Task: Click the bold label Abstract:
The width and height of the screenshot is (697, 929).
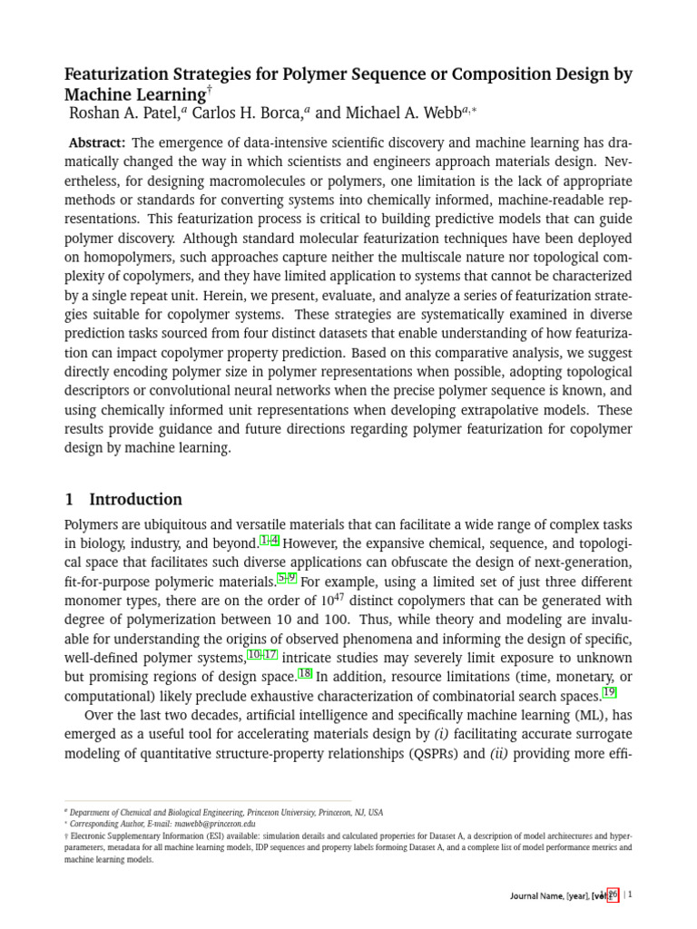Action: point(98,143)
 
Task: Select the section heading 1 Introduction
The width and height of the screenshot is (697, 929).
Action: point(123,499)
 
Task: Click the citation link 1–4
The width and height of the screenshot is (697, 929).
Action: point(270,542)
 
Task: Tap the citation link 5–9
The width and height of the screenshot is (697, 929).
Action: point(287,579)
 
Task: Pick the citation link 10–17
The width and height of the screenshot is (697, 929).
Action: point(262,655)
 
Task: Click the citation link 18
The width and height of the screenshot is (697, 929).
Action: point(305,674)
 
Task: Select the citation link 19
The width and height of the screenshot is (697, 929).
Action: point(609,693)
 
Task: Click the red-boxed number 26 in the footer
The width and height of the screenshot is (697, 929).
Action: point(612,895)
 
